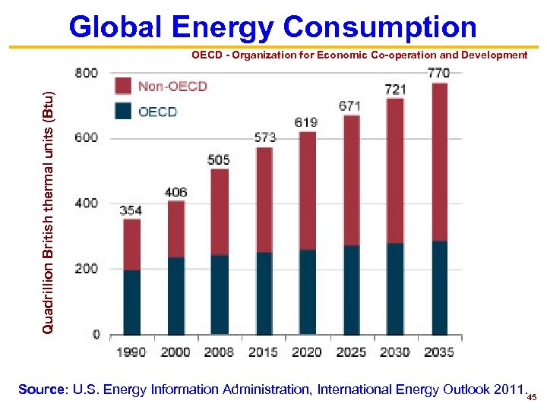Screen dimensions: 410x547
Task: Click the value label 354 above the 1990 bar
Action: pos(131,210)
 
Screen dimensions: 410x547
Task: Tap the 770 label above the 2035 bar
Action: pos(438,73)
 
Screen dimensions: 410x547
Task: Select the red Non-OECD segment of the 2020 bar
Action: pos(307,191)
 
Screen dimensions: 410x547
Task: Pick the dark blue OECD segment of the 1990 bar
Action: pos(131,302)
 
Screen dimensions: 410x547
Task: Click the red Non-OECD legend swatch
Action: pos(124,87)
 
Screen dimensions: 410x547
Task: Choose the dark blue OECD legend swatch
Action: pos(124,111)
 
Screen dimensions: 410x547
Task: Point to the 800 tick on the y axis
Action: pos(87,73)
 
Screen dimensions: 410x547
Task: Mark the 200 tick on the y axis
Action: pos(87,269)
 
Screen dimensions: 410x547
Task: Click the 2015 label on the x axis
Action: pos(263,352)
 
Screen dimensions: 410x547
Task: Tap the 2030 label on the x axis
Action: pos(394,352)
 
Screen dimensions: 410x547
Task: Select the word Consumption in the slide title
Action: pos(379,28)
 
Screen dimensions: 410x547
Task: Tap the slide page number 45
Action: pos(532,397)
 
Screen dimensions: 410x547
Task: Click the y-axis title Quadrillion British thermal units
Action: pos(48,211)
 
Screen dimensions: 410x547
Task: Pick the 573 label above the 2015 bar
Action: pos(265,137)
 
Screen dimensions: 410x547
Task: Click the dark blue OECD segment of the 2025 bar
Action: pos(350,289)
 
